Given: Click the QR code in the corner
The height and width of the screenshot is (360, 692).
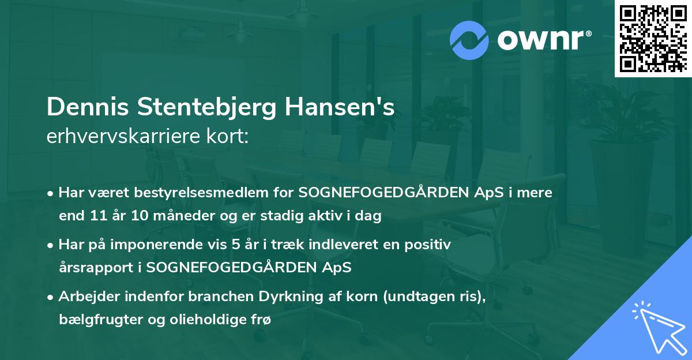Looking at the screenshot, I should (653, 39).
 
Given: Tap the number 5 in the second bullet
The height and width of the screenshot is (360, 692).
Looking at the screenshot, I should (235, 245).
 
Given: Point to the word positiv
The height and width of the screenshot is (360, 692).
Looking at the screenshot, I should (430, 245).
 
